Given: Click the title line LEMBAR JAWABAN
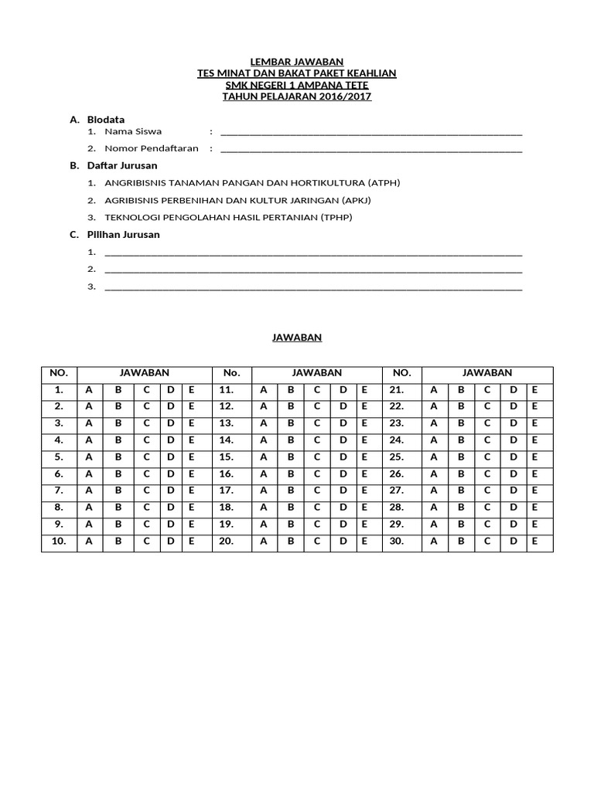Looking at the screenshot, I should pyautogui.click(x=297, y=62).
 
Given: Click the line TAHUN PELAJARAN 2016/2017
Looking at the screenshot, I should pyautogui.click(x=297, y=97).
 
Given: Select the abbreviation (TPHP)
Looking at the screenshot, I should pyautogui.click(x=336, y=218).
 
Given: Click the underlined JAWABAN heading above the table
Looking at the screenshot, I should pyautogui.click(x=297, y=338).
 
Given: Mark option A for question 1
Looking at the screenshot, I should pyautogui.click(x=89, y=390).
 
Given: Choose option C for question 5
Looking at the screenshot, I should pyautogui.click(x=146, y=457).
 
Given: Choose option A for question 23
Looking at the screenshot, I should pyautogui.click(x=434, y=423).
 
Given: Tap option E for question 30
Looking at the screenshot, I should pyautogui.click(x=534, y=542).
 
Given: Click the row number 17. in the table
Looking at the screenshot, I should pyautogui.click(x=227, y=491).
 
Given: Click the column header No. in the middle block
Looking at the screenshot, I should pyautogui.click(x=232, y=373).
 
